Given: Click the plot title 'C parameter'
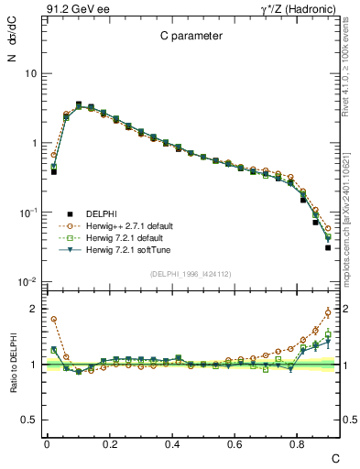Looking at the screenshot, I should tap(191, 38).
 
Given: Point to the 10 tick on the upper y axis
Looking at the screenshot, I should tap(28, 73).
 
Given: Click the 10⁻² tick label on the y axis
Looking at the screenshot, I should tap(27, 282).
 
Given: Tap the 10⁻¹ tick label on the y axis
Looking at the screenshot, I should tap(27, 213).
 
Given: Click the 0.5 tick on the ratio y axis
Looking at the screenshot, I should tap(27, 420).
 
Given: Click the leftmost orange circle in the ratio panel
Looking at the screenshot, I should tap(54, 320).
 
